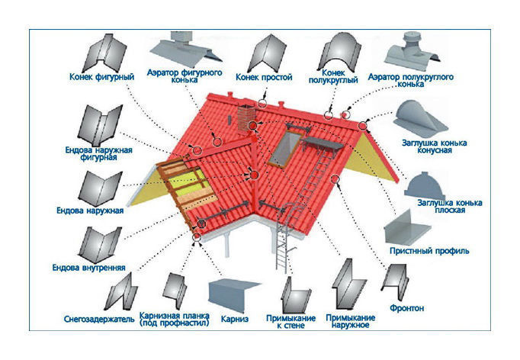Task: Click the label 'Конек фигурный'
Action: click(102, 77)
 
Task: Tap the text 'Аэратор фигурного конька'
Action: click(185, 76)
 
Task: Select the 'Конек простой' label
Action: click(264, 77)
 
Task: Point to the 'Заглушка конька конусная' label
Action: click(435, 146)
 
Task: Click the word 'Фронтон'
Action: click(407, 308)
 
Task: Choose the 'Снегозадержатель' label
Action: click(99, 319)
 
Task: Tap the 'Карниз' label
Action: click(235, 319)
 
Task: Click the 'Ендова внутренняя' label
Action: click(89, 268)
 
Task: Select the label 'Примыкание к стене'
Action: click(290, 322)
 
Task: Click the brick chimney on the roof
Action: click(247, 117)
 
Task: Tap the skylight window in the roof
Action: click(284, 148)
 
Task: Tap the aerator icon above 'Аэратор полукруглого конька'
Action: click(412, 51)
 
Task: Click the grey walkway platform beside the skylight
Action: click(323, 144)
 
